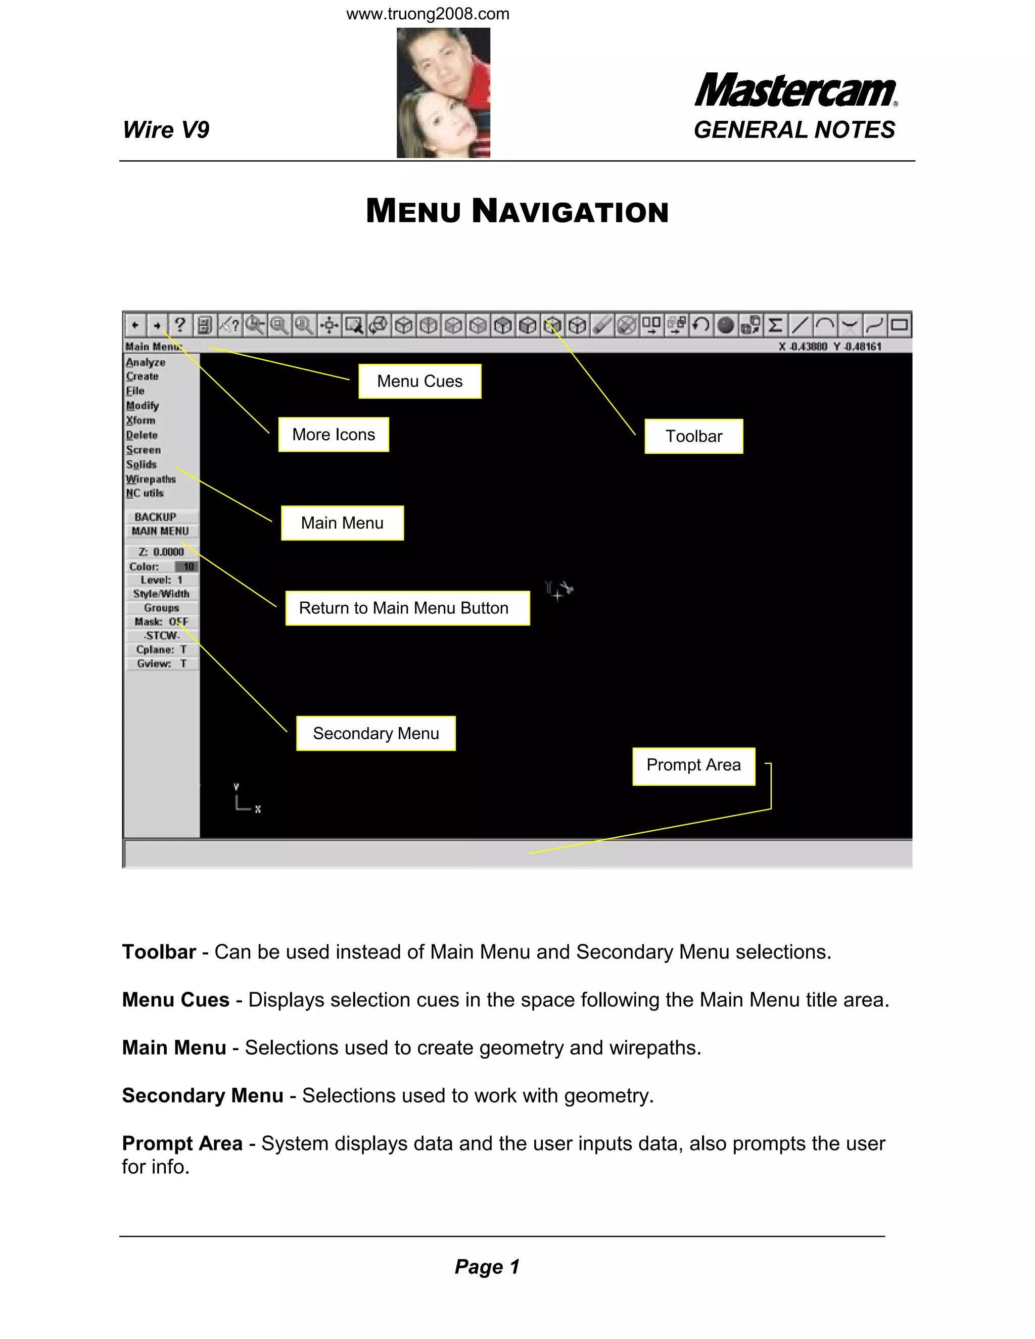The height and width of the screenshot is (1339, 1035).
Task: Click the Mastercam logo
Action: (795, 91)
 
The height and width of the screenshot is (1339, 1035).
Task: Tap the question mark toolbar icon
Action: (179, 325)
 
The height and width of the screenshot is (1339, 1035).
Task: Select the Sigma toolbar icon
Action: (775, 325)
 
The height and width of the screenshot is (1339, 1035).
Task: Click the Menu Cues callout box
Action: (419, 381)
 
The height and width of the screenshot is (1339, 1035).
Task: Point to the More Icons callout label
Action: (334, 435)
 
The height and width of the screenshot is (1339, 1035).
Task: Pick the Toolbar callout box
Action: (693, 437)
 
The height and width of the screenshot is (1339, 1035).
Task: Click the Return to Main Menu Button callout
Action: (407, 608)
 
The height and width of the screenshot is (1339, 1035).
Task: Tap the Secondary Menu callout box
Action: (376, 733)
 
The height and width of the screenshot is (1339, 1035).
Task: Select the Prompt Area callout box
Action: (693, 766)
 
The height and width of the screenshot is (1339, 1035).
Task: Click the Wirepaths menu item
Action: (151, 479)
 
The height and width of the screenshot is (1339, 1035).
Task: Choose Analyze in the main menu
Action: (146, 362)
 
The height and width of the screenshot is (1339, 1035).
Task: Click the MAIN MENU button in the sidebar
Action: (161, 531)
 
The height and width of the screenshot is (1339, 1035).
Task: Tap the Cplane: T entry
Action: (162, 650)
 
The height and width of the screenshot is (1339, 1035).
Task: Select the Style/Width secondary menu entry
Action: (161, 594)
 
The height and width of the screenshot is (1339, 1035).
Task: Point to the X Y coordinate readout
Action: (830, 347)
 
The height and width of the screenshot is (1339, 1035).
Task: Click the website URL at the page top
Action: (428, 14)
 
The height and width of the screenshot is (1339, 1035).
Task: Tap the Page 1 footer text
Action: (487, 1267)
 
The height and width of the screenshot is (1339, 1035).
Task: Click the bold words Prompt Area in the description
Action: (182, 1143)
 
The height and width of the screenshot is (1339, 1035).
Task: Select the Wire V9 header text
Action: (166, 130)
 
